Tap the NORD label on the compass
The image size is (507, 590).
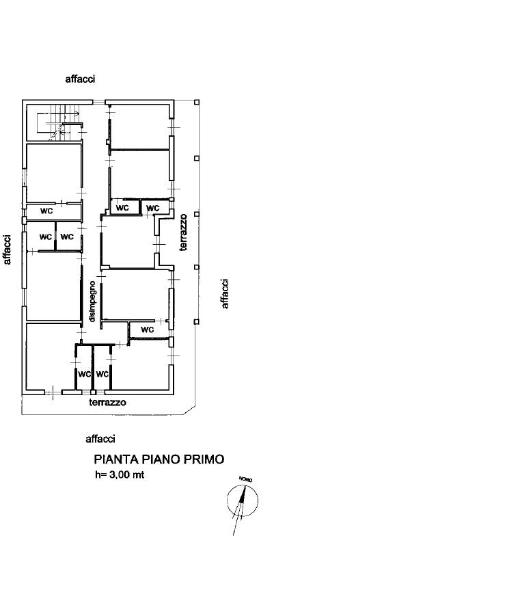pos(245,479)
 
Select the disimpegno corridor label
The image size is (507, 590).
pos(92,301)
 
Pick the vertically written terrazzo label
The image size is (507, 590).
pos(183,232)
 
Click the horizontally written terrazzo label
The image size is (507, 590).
pos(107,402)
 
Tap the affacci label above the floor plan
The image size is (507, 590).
pos(80,79)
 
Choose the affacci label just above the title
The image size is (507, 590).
pos(100,439)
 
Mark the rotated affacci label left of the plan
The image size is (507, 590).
pos(7,250)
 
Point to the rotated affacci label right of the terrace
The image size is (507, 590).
pos(225,294)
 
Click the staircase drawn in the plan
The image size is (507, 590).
pos(59,122)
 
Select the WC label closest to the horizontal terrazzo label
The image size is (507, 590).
pos(102,374)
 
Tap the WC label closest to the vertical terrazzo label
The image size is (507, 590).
pos(152,208)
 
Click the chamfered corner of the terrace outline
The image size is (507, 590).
pos(189,410)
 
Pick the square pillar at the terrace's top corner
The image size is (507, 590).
pos(197,103)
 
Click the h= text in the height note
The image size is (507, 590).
pos(101,475)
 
